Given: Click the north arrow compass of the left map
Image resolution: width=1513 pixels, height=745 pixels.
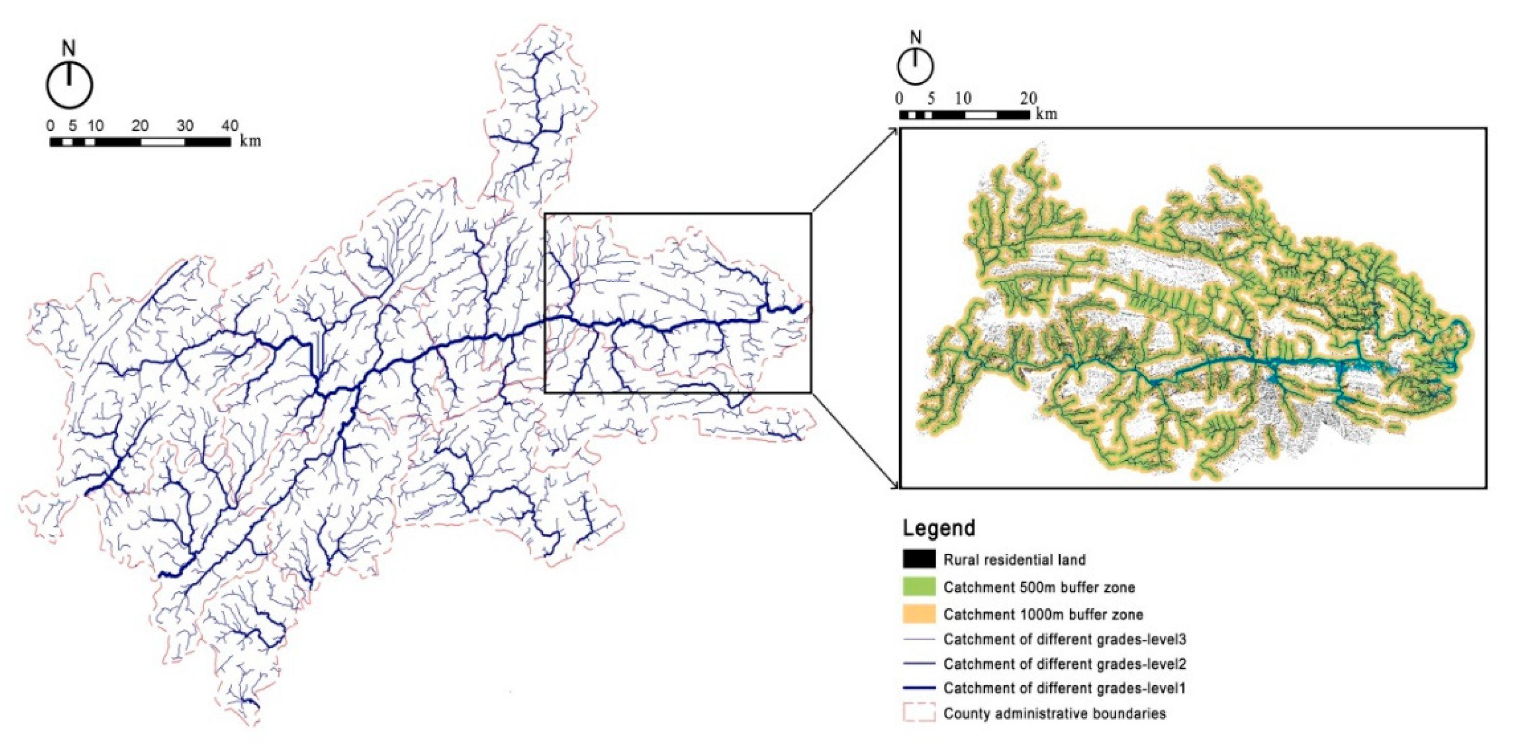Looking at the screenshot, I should pyautogui.click(x=70, y=86).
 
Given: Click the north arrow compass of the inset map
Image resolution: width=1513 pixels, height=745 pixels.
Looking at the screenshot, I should pyautogui.click(x=915, y=66).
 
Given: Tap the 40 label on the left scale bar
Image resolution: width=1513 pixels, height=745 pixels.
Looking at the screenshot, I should pyautogui.click(x=230, y=126).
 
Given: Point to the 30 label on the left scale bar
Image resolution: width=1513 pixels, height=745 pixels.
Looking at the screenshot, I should pyautogui.click(x=185, y=126).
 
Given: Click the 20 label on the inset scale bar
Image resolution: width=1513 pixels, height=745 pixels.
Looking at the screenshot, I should pyautogui.click(x=1029, y=98).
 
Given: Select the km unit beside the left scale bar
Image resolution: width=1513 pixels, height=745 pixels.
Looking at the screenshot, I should pyautogui.click(x=250, y=142).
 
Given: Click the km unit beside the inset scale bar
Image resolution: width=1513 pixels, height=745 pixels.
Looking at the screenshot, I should pyautogui.click(x=1046, y=114).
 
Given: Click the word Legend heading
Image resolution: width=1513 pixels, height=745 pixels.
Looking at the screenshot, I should pyautogui.click(x=939, y=527).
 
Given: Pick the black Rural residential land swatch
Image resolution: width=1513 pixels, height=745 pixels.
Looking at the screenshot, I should pyautogui.click(x=919, y=559).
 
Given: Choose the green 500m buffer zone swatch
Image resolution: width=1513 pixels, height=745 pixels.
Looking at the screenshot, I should pyautogui.click(x=919, y=587).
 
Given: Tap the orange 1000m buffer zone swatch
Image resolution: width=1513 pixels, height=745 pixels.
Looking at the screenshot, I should pyautogui.click(x=919, y=615).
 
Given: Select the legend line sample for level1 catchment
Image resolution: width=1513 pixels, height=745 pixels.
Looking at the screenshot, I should pyautogui.click(x=919, y=688).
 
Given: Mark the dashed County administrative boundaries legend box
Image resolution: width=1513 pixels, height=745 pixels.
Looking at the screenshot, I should pyautogui.click(x=919, y=713).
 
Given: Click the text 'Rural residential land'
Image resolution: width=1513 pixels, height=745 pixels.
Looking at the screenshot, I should pyautogui.click(x=1015, y=559).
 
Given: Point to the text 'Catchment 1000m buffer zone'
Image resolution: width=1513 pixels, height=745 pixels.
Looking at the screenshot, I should pyautogui.click(x=1043, y=615).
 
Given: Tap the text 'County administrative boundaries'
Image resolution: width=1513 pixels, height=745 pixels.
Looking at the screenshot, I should pyautogui.click(x=1054, y=713).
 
